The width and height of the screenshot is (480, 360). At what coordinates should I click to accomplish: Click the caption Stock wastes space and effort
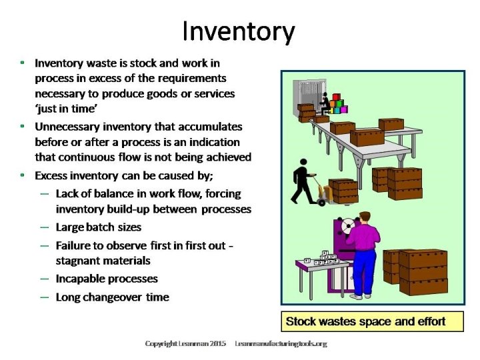(x=365, y=322)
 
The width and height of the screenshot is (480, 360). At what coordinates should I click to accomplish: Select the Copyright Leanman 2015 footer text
(x=186, y=344)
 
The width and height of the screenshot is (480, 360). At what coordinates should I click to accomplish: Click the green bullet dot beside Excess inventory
(x=23, y=175)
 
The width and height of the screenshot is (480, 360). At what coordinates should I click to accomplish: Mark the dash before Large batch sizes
(x=44, y=227)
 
